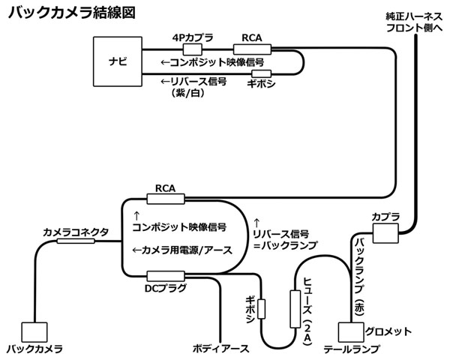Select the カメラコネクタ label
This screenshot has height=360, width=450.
pos(76,232)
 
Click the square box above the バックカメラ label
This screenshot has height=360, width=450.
pos(34,332)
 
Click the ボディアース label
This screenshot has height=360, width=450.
pos(217,349)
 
